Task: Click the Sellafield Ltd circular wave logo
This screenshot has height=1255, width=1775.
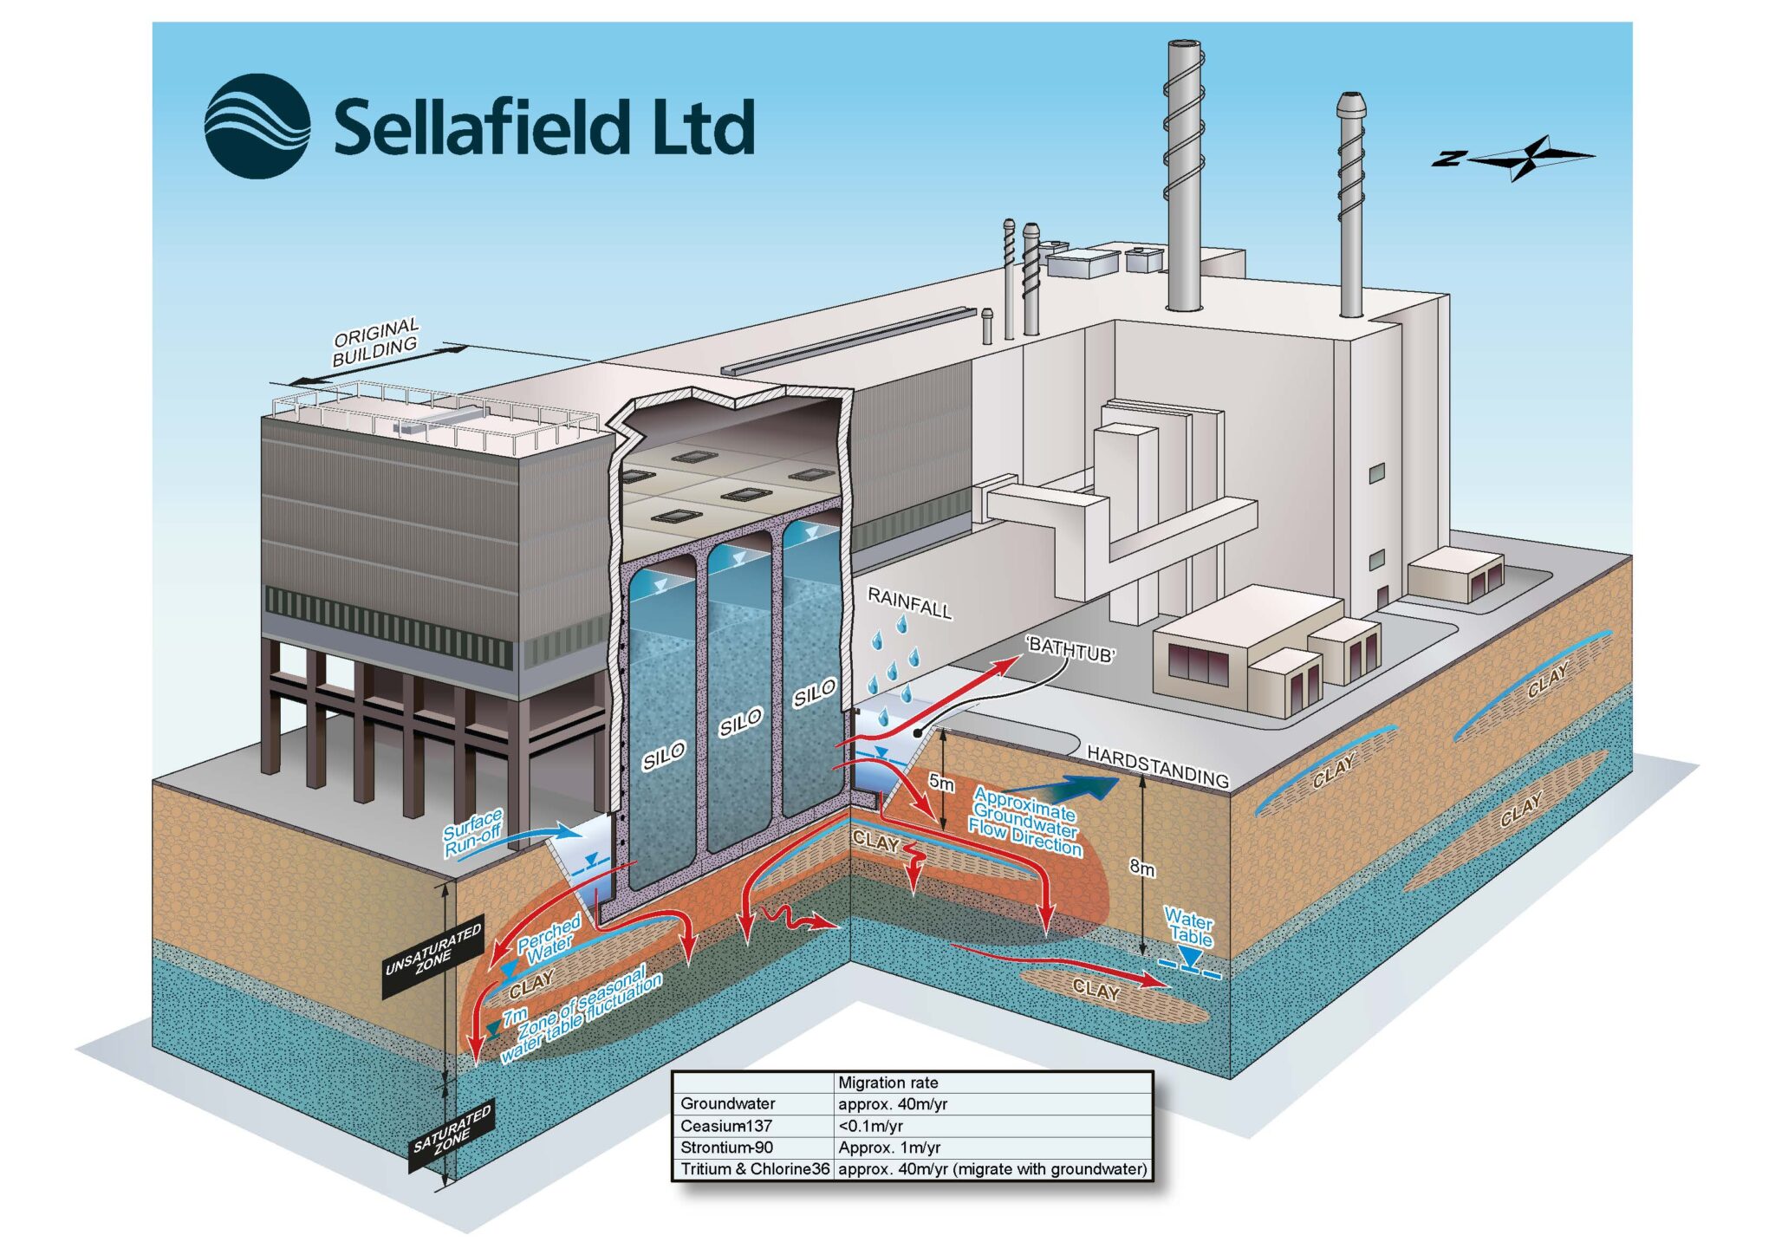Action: click(x=257, y=127)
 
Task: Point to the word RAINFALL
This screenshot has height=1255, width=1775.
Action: click(x=909, y=602)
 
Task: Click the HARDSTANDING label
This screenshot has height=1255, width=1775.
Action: click(x=1158, y=766)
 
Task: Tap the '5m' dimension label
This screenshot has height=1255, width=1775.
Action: click(x=942, y=783)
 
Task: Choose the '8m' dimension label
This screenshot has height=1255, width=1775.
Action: click(x=1142, y=867)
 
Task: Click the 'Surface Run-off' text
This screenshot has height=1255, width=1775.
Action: click(x=473, y=833)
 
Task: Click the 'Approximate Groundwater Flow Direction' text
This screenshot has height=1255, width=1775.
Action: click(x=1026, y=821)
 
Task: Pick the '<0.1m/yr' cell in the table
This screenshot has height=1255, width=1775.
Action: click(x=870, y=1126)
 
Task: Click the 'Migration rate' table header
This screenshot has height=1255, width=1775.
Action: click(x=888, y=1083)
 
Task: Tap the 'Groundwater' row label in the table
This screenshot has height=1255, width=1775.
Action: click(x=728, y=1104)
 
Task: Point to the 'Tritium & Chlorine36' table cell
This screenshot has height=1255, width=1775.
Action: click(x=755, y=1169)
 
